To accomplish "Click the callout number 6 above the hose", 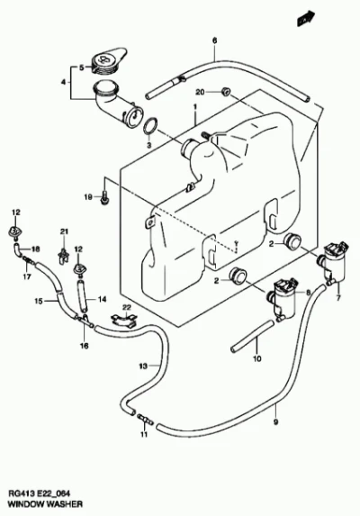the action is (x=215, y=41).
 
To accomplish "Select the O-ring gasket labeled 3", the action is (x=150, y=127).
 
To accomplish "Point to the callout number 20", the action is (x=200, y=92).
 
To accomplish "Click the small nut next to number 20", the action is (x=226, y=92).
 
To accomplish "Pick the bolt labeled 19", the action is (x=103, y=198).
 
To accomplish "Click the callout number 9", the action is (x=275, y=421).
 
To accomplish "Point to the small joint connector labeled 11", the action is (x=145, y=419).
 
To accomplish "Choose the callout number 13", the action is (x=143, y=366).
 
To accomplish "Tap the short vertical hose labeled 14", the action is (x=82, y=294).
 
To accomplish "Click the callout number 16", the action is (x=85, y=346).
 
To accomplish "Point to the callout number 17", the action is (x=27, y=276).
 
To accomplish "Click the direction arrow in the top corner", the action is (x=306, y=18).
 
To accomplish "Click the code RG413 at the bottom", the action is (x=20, y=493).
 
